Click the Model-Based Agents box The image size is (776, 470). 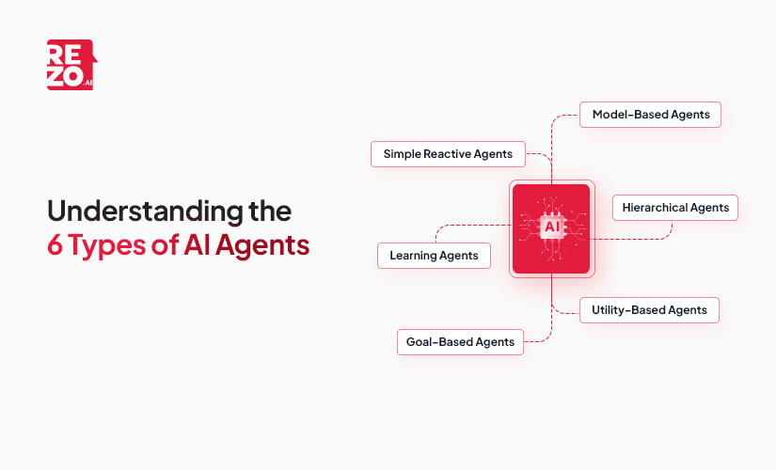pyautogui.click(x=650, y=115)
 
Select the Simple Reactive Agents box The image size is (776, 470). pyautogui.click(x=447, y=153)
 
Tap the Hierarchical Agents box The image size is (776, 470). pyautogui.click(x=674, y=207)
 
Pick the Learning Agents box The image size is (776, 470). pyautogui.click(x=434, y=255)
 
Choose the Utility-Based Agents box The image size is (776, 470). pyautogui.click(x=649, y=310)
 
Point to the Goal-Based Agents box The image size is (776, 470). pyautogui.click(x=459, y=341)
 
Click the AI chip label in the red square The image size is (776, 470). pyautogui.click(x=551, y=227)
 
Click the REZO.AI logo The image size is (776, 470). pyautogui.click(x=71, y=65)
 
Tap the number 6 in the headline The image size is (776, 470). pyautogui.click(x=55, y=244)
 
